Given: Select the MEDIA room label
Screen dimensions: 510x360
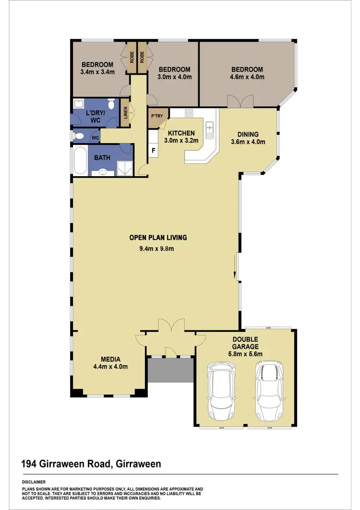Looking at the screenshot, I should (110, 359).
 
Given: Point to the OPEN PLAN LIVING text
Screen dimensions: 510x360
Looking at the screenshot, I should (158, 237).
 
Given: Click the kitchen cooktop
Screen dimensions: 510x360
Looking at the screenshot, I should (189, 113).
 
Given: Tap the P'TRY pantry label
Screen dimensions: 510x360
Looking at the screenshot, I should (156, 117).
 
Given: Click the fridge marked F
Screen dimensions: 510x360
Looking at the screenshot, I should (153, 150).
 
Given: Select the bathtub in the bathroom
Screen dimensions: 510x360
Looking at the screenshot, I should (80, 162).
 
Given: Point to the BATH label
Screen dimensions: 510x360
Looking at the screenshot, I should (102, 157).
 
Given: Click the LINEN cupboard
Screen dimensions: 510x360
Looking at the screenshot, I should (125, 113).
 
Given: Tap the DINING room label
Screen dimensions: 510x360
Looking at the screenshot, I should (248, 134).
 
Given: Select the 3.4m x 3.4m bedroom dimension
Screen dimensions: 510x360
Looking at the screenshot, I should (97, 73).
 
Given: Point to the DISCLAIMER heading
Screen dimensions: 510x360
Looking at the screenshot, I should (34, 481).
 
